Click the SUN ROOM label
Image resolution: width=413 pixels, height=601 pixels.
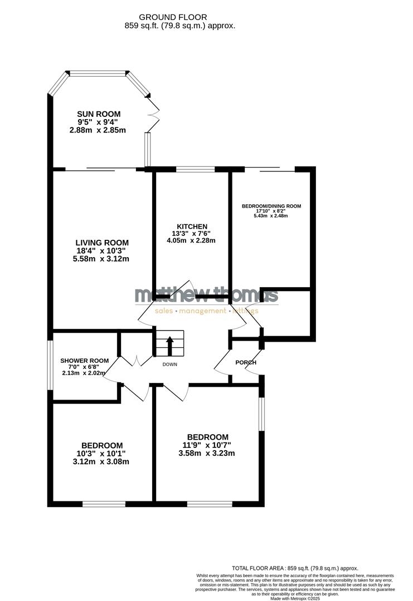[99, 114]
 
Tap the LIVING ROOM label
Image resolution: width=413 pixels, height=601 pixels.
[102, 243]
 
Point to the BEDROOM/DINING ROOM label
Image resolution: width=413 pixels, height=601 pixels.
[271, 206]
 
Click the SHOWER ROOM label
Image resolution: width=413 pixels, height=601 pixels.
[84, 360]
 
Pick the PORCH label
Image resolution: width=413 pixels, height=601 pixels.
[246, 362]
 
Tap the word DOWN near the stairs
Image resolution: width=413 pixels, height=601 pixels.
[169, 364]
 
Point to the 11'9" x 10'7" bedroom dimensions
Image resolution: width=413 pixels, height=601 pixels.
[206, 445]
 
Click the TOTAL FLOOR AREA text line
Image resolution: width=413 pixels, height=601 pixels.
[295, 568]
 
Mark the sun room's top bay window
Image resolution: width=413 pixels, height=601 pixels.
[98, 73]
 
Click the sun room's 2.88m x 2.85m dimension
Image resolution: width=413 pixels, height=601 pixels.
[99, 130]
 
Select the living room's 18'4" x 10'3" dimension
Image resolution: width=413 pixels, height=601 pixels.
[102, 250]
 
